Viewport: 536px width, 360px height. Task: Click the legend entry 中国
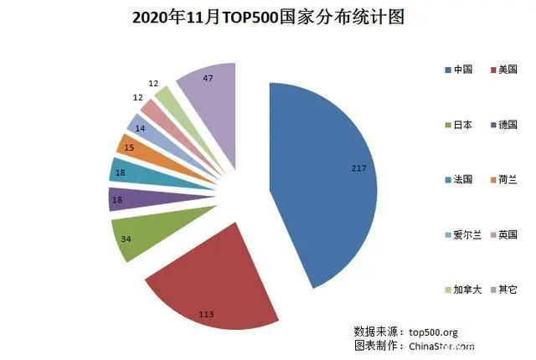pos(460,69)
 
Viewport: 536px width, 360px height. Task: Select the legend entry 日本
pos(460,124)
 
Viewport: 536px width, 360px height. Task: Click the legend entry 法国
pos(460,179)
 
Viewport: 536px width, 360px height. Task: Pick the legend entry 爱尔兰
pos(462,234)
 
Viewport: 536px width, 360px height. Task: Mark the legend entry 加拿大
pos(462,290)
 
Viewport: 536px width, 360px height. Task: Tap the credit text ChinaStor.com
pos(441,345)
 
